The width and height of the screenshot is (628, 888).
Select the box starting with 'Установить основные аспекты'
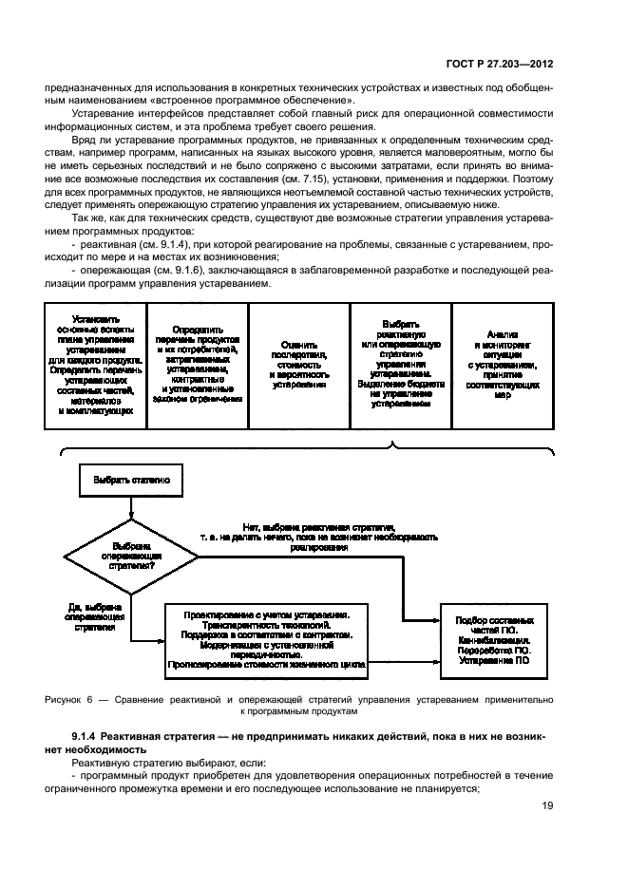(94, 365)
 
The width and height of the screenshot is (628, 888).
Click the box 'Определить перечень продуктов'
(197, 365)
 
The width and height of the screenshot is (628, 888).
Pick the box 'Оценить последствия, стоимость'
(299, 365)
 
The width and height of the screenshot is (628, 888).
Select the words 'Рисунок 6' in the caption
(69, 699)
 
